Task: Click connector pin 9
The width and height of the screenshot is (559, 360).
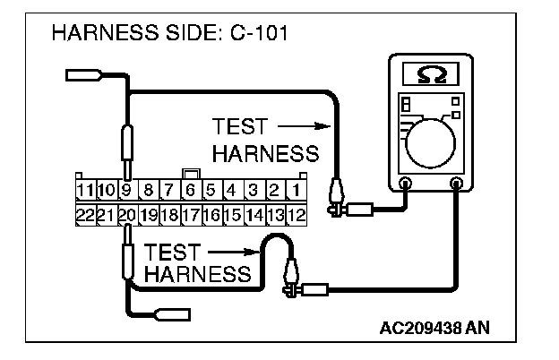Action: pos(127,191)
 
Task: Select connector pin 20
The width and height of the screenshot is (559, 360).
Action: pos(127,215)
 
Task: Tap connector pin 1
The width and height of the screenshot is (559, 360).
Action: pos(295,191)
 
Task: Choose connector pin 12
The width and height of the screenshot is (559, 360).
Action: pos(297,215)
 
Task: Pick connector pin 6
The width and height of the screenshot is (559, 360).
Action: pos(190,191)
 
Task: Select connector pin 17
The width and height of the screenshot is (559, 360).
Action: pos(190,215)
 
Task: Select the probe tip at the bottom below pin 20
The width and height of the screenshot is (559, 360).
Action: pos(174,313)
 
